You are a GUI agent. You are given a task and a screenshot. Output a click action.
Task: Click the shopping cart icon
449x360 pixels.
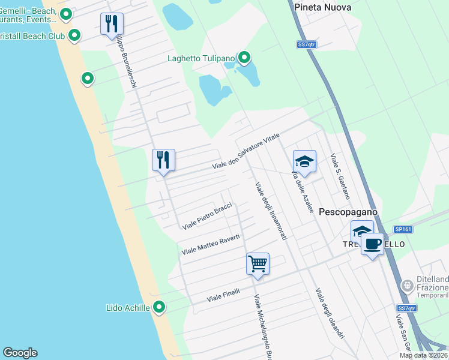[258, 263]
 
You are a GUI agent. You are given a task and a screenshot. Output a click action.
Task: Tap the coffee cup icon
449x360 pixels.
[372, 244]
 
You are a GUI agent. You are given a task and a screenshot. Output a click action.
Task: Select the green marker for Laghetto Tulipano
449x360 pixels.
[244, 58]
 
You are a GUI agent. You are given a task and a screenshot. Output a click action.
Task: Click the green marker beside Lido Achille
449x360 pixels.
[159, 307]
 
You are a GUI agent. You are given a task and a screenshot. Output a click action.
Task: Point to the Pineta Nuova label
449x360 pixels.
[323, 8]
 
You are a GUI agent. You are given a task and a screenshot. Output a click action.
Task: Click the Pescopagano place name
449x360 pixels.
[348, 212]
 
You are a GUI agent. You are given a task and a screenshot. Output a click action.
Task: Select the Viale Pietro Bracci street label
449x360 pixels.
[207, 216]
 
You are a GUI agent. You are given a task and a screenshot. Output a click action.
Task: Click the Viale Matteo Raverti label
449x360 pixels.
[211, 244]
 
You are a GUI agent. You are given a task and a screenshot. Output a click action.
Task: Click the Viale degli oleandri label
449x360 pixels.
[329, 314]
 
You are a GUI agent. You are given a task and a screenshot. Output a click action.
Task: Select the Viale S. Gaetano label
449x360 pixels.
[339, 172]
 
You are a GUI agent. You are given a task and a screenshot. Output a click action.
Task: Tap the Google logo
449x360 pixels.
[20, 353]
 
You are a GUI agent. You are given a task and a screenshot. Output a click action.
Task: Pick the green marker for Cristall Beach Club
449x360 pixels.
[74, 36]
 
